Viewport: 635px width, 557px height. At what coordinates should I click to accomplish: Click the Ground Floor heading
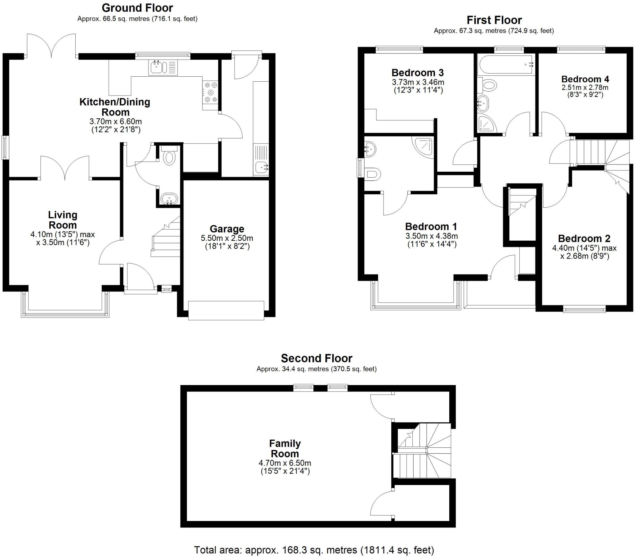137,8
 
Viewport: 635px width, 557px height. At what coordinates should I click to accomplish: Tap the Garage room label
227,229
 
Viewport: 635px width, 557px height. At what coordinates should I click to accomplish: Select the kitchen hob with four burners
210,92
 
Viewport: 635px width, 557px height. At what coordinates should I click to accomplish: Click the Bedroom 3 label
417,73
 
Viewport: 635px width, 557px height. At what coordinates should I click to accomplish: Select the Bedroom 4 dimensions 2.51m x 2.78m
585,88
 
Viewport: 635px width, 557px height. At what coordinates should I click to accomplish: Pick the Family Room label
285,448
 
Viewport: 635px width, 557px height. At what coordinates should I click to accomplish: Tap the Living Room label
63,220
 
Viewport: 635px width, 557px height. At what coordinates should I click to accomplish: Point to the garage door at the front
226,310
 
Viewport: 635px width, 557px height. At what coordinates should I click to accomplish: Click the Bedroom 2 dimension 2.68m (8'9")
584,256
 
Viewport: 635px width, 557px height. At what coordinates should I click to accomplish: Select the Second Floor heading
316,358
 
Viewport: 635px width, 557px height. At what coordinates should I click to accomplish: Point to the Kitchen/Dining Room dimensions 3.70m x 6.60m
115,121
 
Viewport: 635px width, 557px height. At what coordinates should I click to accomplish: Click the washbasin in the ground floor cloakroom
169,199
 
